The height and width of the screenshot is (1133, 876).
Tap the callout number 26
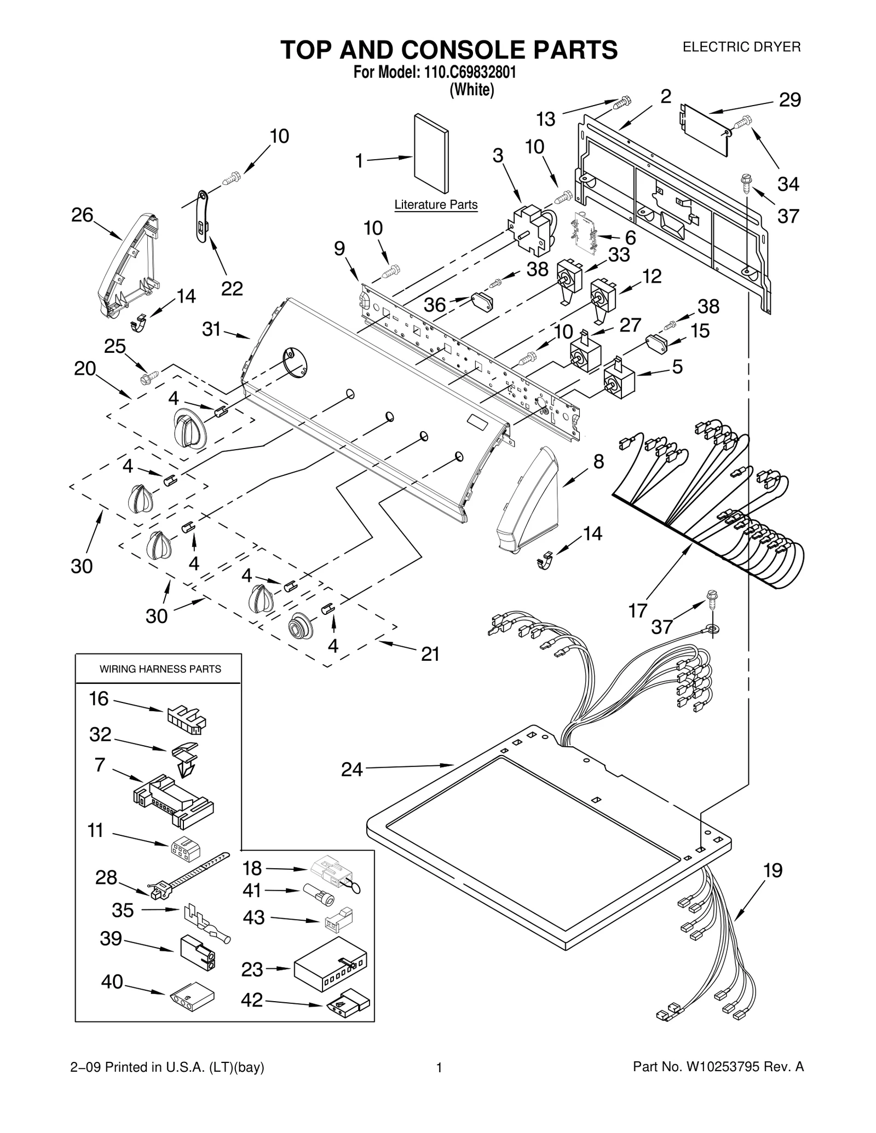point(82,215)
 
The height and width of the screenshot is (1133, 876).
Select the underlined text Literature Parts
point(436,205)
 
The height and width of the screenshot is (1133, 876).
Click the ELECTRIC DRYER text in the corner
point(741,47)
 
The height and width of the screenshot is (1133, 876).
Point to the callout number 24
point(352,769)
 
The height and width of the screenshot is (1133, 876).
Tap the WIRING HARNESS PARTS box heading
point(160,669)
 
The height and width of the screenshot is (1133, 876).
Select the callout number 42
point(252,1000)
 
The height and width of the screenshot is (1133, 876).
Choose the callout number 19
point(773,870)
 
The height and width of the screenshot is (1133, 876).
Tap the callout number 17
point(638,610)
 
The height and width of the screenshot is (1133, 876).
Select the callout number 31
point(211,329)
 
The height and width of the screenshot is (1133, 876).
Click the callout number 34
point(788,184)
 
